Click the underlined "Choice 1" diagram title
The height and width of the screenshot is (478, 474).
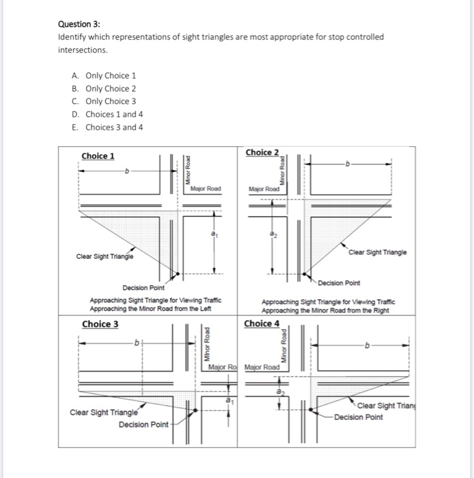pyautogui.click(x=98, y=156)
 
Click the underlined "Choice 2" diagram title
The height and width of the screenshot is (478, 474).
pyautogui.click(x=262, y=152)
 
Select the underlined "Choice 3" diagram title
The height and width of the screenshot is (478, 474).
pyautogui.click(x=100, y=324)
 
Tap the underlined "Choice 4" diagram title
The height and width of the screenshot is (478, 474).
pyautogui.click(x=262, y=324)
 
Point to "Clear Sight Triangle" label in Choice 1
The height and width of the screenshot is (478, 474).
pyautogui.click(x=105, y=257)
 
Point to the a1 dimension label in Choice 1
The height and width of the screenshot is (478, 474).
pyautogui.click(x=214, y=234)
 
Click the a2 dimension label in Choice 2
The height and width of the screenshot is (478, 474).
pyautogui.click(x=273, y=234)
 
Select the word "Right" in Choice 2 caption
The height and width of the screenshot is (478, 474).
pyautogui.click(x=382, y=309)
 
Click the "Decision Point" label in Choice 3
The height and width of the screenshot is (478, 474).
pyautogui.click(x=143, y=425)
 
